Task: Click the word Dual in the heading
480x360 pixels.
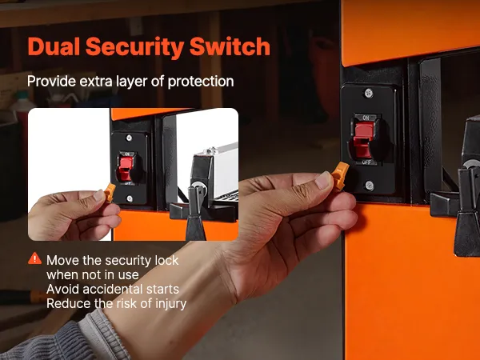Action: point(54,46)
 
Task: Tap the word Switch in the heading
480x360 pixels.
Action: point(230,46)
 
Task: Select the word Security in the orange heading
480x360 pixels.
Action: point(134,48)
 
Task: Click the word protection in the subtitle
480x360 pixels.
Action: point(201,82)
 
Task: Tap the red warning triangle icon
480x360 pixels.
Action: point(34,258)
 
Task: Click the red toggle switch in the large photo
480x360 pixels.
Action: point(364,139)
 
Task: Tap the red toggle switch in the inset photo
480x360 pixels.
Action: point(126,168)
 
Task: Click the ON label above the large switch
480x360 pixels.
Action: point(366,118)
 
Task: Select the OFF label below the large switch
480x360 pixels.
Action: point(366,162)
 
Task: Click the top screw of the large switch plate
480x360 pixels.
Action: point(369,93)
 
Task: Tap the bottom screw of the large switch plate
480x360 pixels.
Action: point(370,185)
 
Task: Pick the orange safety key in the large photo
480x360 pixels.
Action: point(341,175)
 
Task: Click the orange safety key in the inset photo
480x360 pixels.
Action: point(110,192)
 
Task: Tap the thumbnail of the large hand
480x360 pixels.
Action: point(323,180)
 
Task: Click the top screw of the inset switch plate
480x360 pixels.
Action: point(129,138)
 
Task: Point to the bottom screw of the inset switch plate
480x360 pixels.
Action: point(130,198)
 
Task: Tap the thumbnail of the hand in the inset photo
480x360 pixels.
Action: point(99,196)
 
